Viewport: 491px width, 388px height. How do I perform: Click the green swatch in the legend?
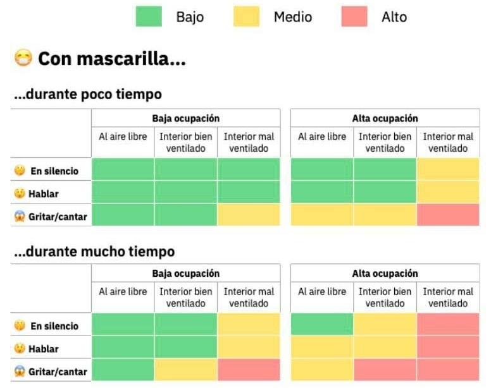150,16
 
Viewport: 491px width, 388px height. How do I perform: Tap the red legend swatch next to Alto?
354,16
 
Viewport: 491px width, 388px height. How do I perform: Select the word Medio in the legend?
292,17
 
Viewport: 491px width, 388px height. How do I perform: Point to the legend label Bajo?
190,17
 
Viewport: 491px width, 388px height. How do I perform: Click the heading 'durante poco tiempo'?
88,94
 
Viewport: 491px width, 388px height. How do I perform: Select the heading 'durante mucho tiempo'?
94,252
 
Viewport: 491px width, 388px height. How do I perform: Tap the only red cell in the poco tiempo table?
448,215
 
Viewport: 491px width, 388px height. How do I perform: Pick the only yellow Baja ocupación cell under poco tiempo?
249,215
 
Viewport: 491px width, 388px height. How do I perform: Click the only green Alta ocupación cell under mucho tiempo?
322,324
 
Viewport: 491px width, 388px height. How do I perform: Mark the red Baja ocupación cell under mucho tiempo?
249,370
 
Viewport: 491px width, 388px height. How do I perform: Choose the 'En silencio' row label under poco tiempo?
54,171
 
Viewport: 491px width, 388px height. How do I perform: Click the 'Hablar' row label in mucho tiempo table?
43,348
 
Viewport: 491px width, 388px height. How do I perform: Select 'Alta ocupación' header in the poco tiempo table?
385,118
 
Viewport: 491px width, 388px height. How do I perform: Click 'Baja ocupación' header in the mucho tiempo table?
185,274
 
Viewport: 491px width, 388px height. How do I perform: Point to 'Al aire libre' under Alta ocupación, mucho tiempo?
322,292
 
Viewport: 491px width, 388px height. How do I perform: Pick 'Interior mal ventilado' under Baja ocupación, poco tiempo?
249,142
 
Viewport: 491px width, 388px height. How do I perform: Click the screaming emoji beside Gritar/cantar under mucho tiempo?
20,371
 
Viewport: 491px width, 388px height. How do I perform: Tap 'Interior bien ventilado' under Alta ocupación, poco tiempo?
385,142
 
